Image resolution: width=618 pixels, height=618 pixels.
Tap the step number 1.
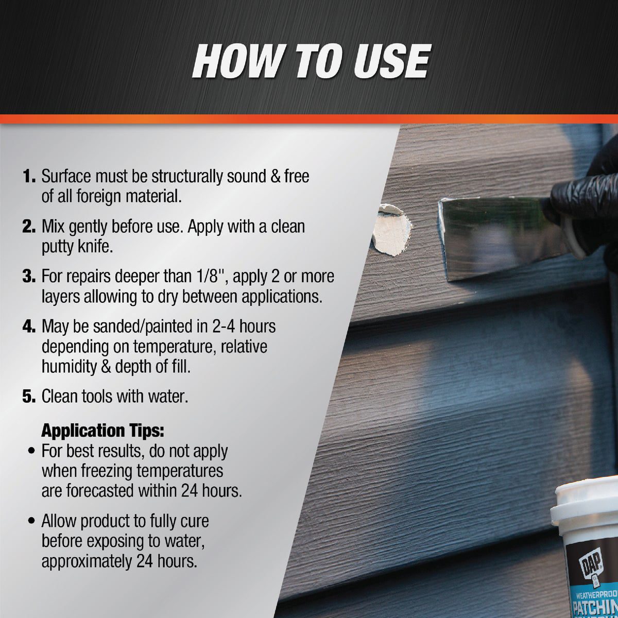click(28, 177)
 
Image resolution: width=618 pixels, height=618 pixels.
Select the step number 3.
click(28, 277)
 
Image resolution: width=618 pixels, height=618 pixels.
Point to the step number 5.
click(28, 397)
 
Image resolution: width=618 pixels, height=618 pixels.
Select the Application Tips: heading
click(102, 430)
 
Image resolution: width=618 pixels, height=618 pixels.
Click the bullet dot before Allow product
click(32, 522)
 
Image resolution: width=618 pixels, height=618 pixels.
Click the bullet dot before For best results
click(32, 452)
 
